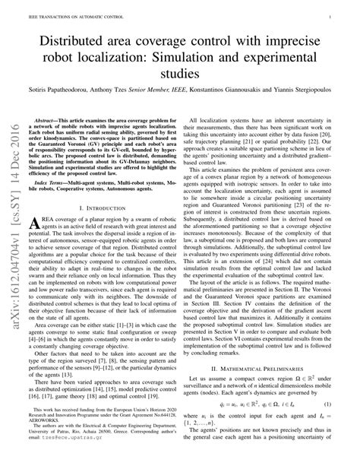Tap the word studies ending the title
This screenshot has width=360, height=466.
click(x=179, y=74)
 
